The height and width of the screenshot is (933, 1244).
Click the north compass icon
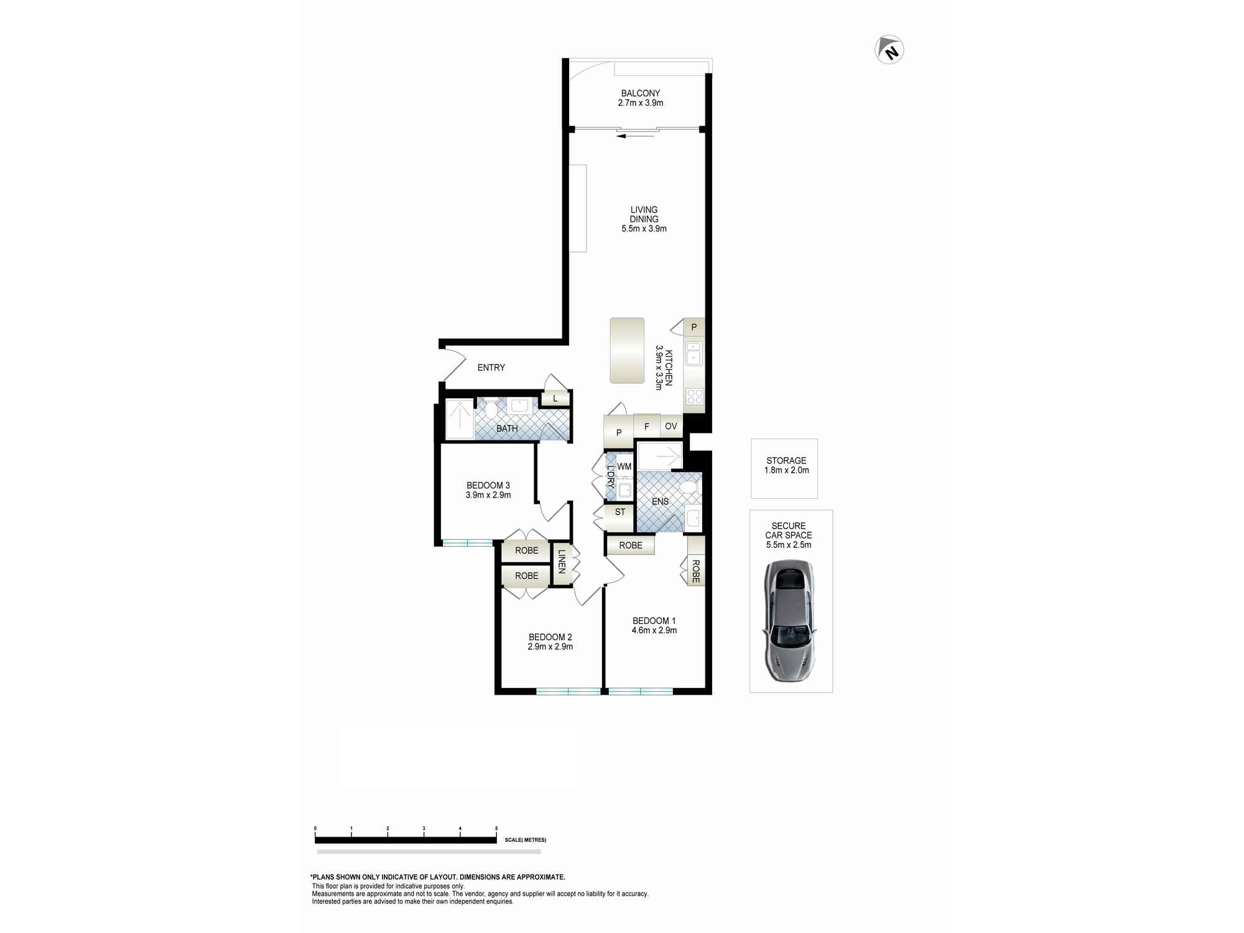tap(889, 50)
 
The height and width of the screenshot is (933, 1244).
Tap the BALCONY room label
tap(640, 93)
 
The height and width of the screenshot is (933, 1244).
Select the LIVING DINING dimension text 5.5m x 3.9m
tap(644, 228)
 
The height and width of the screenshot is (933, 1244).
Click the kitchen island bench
tap(627, 350)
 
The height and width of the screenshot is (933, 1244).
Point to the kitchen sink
tap(694, 353)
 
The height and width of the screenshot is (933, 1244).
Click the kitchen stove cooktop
tap(695, 396)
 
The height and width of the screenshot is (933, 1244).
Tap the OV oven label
tap(671, 426)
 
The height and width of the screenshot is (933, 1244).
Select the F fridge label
tap(647, 427)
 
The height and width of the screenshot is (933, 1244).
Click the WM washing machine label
tap(624, 466)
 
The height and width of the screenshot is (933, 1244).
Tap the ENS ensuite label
tap(660, 501)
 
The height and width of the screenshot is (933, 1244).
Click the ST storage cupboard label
tap(620, 512)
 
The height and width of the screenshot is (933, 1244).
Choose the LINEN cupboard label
tap(562, 561)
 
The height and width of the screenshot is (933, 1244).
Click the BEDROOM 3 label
tap(488, 485)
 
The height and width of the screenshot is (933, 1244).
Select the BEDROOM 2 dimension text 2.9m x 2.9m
tap(550, 647)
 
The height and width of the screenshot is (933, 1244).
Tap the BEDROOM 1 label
tap(654, 621)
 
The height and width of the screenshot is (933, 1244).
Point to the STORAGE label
tap(786, 460)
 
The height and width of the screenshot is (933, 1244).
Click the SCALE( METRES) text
tap(526, 840)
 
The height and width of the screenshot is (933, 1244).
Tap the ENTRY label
tap(491, 368)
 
